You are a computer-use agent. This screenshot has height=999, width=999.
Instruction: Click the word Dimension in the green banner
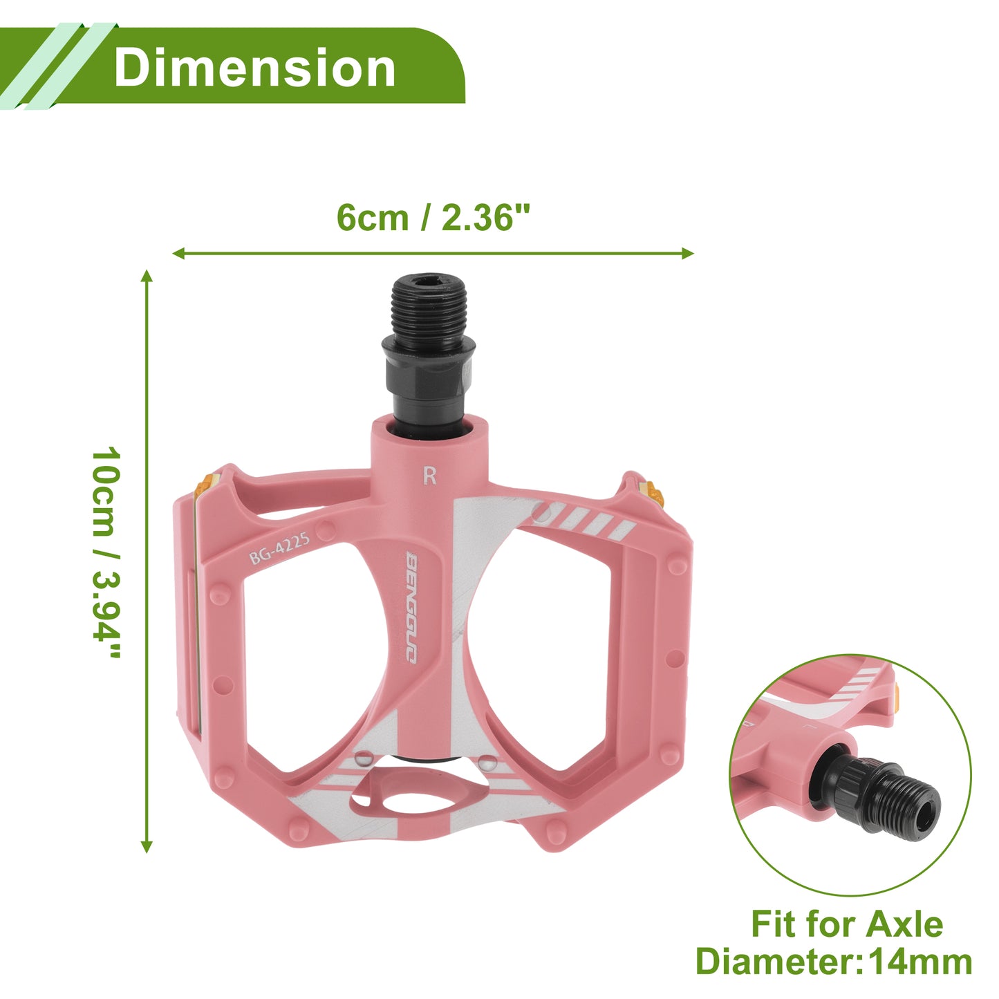(x=254, y=67)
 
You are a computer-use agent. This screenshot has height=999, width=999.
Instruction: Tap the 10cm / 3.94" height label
(x=106, y=552)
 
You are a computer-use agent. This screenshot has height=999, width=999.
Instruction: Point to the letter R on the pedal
(x=430, y=476)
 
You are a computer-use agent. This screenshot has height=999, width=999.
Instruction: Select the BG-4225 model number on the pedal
(x=279, y=548)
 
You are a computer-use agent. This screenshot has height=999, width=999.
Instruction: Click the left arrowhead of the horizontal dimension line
(x=179, y=254)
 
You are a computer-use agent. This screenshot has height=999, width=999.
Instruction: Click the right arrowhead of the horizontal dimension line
(x=687, y=254)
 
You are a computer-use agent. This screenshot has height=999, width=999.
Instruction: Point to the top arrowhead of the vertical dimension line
(x=147, y=277)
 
